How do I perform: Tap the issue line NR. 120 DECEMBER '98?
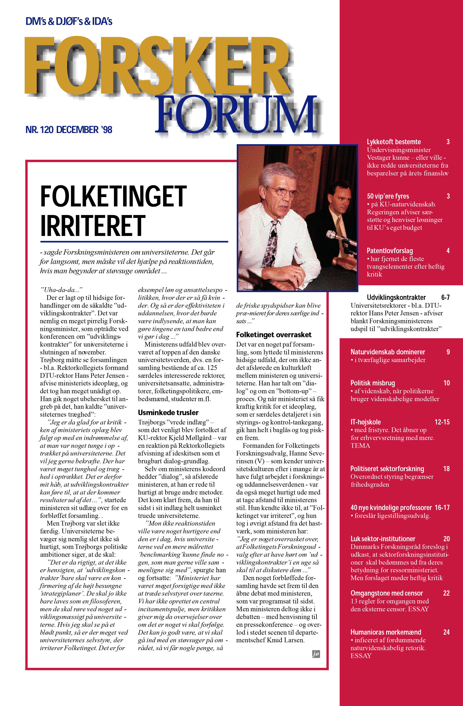(69, 130)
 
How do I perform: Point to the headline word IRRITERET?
(93, 225)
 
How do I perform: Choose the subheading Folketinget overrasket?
(273, 335)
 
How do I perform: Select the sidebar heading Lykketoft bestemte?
(394, 142)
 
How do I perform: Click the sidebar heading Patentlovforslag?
(389, 251)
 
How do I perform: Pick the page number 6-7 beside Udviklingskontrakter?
(445, 297)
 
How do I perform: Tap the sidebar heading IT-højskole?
(366, 422)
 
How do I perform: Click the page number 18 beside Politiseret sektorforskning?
(446, 469)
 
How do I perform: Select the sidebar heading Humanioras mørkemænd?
(386, 632)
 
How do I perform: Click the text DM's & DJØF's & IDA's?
(69, 21)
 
